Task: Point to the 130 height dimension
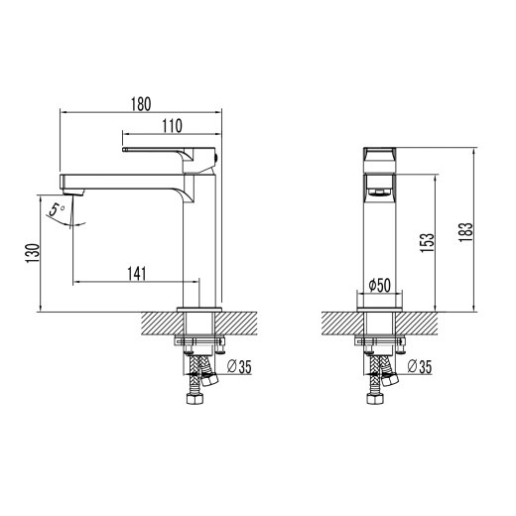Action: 32,254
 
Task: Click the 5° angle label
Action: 59,209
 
